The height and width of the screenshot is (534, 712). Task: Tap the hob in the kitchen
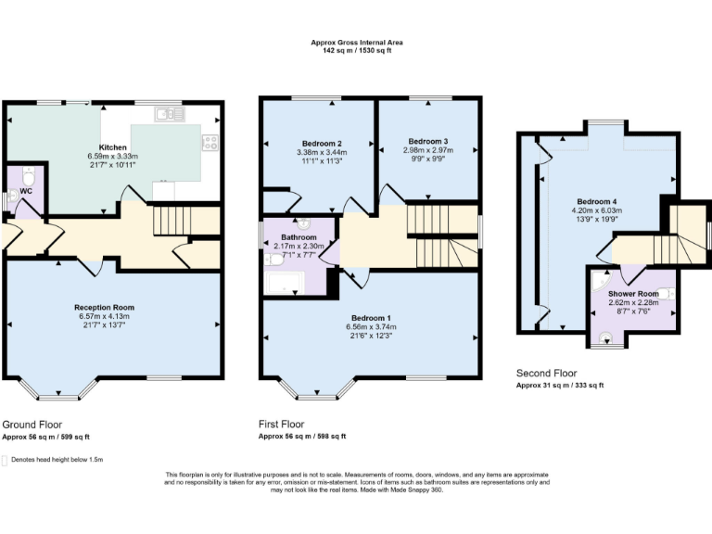coord(210,143)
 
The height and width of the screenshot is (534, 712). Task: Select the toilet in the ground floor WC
coord(28,175)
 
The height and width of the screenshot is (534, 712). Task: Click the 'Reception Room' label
coord(105,307)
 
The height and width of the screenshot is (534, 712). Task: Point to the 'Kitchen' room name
coord(113,147)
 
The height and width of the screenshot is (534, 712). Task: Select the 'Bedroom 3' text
coord(427,141)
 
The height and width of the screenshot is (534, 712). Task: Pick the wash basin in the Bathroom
coord(304,223)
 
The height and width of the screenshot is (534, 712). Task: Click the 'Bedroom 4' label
coord(596,201)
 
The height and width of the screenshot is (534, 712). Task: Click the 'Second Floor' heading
coord(543,374)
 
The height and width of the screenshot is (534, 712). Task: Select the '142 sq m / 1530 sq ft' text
coord(356,51)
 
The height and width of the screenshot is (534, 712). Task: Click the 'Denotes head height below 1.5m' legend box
coord(6,459)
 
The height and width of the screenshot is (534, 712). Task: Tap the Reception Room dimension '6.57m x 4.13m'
coord(105,316)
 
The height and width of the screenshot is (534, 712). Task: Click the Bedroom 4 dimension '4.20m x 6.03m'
coord(596,210)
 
